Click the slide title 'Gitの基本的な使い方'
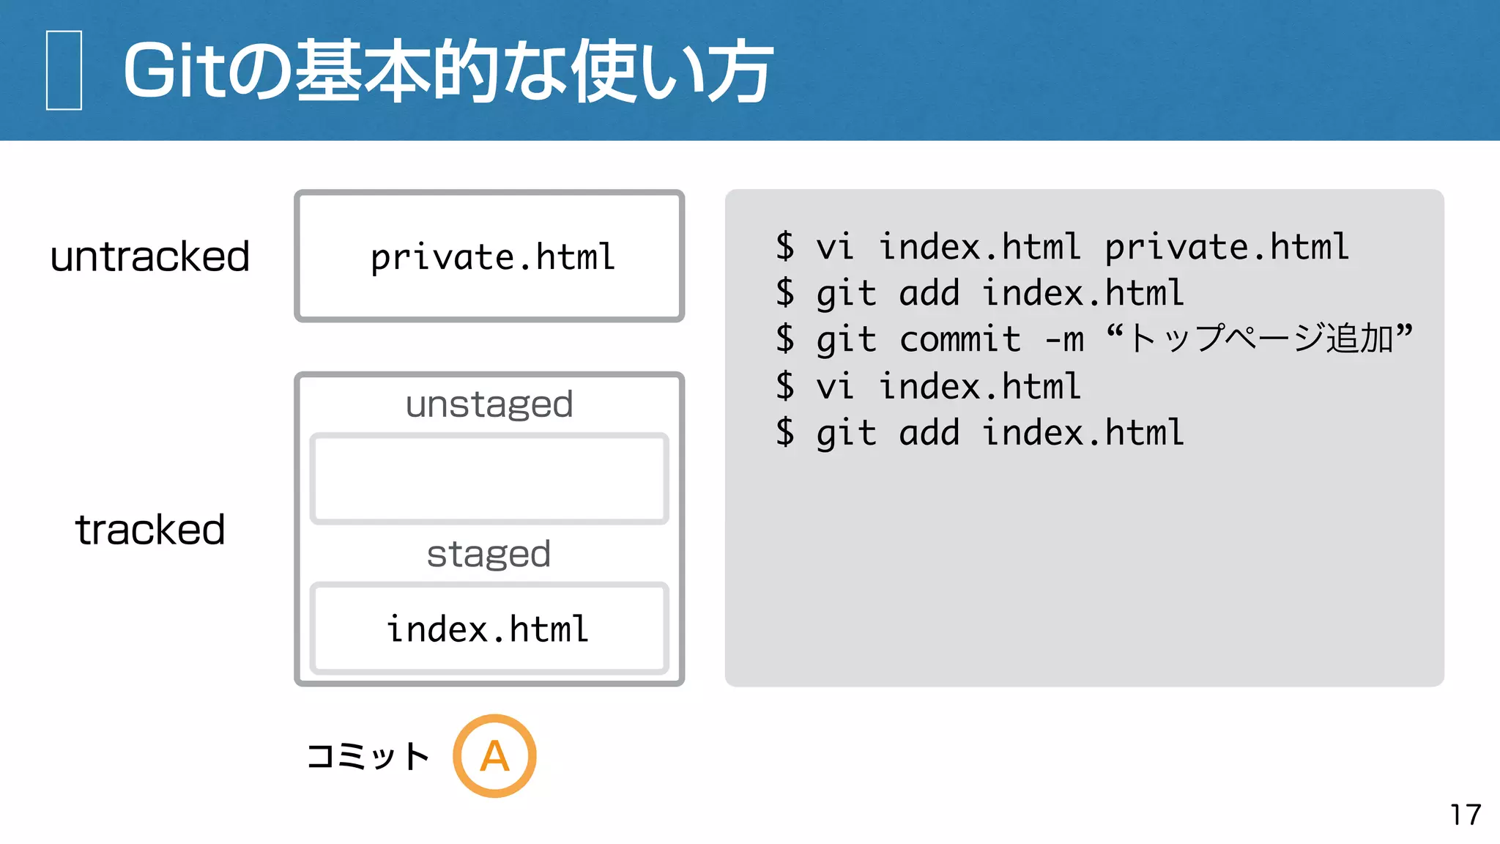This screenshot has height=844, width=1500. point(447,71)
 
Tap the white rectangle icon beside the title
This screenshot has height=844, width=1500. point(64,70)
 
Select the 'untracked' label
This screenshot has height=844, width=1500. point(150,256)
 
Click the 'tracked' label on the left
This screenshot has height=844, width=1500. point(150,529)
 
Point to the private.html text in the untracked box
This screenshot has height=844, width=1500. point(492,257)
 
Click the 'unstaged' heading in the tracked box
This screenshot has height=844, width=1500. point(489,404)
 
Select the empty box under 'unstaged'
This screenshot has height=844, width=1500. point(489,479)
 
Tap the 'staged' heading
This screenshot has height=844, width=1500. point(489,554)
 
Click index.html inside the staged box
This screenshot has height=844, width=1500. point(488,629)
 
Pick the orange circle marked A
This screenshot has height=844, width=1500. point(494,755)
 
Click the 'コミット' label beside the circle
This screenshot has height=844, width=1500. point(368,756)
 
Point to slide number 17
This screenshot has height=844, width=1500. point(1465,815)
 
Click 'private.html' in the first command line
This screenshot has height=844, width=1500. point(1226,247)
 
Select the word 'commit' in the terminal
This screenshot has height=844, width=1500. point(959,339)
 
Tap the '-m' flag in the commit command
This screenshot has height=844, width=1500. point(1064,339)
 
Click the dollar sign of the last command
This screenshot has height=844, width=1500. point(785,432)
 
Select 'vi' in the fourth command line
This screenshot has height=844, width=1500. point(835,386)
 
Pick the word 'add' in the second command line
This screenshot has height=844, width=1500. point(929,293)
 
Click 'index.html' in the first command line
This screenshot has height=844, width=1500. point(979,247)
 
